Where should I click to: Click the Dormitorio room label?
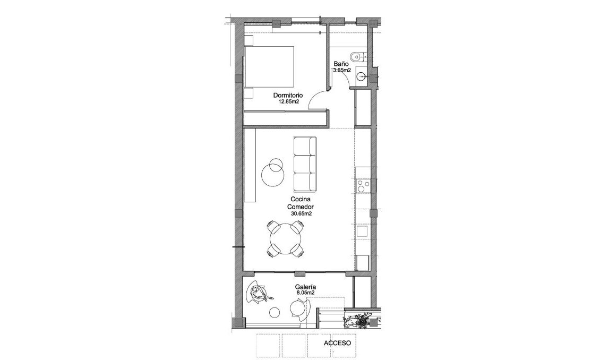click(x=288, y=96)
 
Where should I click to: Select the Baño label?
click(x=340, y=64)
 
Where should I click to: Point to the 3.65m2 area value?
click(x=342, y=70)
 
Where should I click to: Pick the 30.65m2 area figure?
click(x=301, y=213)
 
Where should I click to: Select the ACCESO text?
click(x=338, y=343)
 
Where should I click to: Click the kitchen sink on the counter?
click(x=363, y=232)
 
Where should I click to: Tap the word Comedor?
click(x=301, y=207)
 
